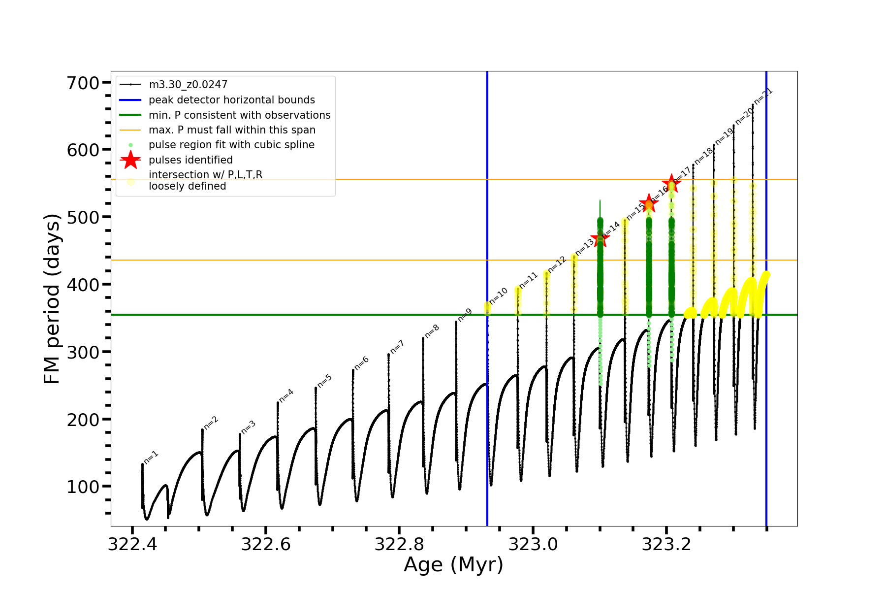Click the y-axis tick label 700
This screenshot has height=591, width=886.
pos(83,83)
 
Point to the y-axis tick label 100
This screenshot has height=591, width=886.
pos(83,487)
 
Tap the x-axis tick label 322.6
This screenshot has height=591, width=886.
pos(265,544)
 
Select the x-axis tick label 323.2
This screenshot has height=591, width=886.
pos(667,544)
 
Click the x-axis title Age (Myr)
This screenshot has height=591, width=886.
pos(453,565)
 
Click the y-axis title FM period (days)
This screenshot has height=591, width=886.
pos(52,298)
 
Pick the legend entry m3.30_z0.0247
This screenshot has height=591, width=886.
pos(188,85)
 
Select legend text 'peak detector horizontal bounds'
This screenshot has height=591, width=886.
pos(232,100)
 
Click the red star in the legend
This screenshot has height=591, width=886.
pos(130,160)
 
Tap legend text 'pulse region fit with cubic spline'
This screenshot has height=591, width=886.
pos(231,145)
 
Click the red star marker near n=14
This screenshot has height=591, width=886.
pos(600,239)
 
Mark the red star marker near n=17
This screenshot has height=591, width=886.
pos(671,183)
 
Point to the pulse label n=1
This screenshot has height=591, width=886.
pos(151,458)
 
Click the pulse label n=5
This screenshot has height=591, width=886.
pos(324,381)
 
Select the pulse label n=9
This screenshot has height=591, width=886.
pos(465,315)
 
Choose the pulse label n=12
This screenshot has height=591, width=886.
pos(557,264)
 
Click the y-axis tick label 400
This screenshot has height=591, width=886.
pos(83,285)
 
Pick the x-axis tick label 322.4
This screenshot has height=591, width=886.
pos(132,544)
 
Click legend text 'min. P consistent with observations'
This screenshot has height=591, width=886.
pos(240,115)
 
